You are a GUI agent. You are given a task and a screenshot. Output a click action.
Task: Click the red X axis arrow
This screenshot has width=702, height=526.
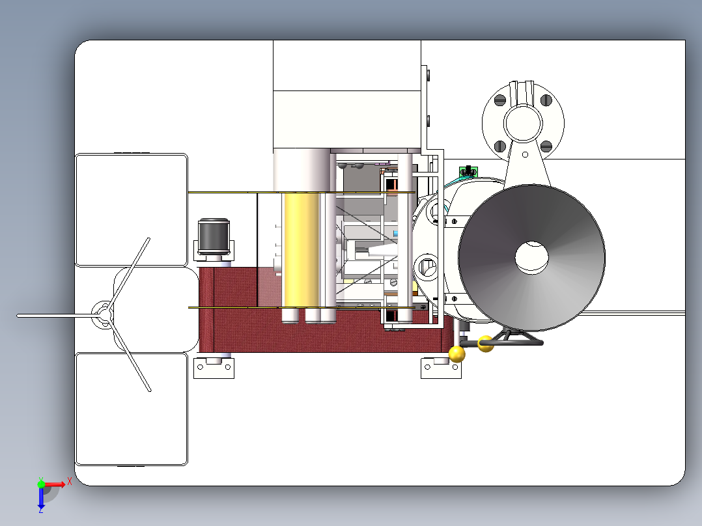(x=55, y=484)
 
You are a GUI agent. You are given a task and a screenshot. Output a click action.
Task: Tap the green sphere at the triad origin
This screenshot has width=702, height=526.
(x=41, y=484)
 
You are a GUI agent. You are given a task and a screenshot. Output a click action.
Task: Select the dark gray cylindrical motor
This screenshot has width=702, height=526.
(x=214, y=237)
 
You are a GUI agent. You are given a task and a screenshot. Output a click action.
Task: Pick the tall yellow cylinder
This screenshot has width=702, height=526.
(x=302, y=250)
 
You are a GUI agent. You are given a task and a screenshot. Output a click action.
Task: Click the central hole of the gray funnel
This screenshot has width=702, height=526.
(x=531, y=257)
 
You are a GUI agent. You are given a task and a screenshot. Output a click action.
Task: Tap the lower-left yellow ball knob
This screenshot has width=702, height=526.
(x=456, y=353)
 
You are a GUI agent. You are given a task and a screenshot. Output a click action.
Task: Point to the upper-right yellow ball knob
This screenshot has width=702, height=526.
(x=486, y=344)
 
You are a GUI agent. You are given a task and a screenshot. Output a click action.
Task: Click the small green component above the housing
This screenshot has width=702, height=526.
(x=468, y=171)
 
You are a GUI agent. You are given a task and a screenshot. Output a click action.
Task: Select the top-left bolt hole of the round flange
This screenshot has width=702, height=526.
(x=500, y=100)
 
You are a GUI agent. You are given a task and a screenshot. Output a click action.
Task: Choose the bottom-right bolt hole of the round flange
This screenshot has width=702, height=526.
(x=546, y=146)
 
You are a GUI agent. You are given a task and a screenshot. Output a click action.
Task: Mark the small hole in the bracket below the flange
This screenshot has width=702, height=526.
(x=525, y=154)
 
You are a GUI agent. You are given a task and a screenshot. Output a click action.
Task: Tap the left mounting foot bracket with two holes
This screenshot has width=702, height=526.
(x=214, y=368)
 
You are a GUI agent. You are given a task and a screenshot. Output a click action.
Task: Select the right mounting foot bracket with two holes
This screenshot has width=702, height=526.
(x=441, y=368)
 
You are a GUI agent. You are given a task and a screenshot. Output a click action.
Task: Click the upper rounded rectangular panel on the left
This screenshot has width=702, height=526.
(x=132, y=210)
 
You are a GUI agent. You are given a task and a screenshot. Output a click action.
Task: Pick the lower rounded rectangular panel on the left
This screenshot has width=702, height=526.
(x=132, y=409)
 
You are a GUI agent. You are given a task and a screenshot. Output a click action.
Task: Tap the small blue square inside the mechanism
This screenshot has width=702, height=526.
(x=395, y=234)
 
